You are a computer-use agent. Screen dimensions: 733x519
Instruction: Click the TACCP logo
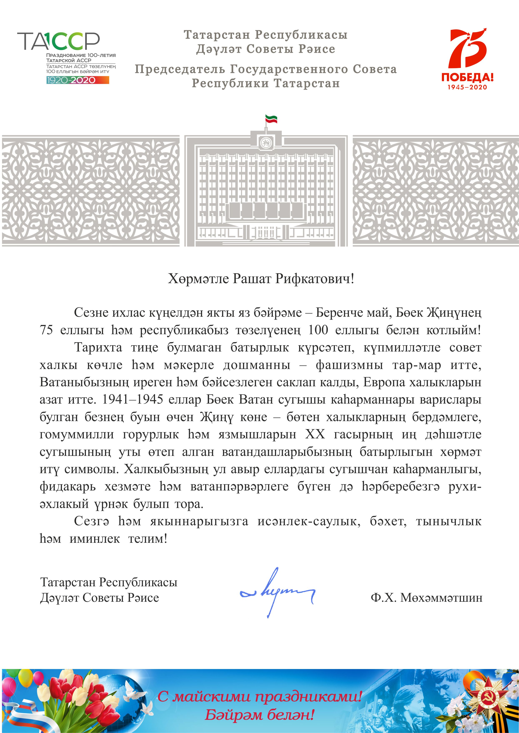59,41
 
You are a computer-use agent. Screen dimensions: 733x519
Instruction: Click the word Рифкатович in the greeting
315,279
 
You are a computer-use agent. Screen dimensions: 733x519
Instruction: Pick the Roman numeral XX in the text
315,434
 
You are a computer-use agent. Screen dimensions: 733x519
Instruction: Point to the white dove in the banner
134,692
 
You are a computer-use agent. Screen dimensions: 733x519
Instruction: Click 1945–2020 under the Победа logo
467,87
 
